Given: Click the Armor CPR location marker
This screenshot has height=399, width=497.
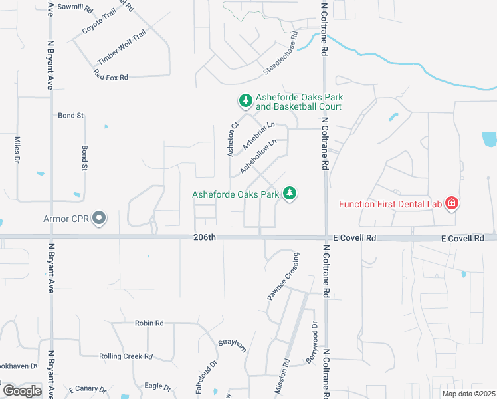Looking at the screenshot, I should pos(100,218).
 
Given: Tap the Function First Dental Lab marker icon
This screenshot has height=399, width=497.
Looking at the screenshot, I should pos(452,203).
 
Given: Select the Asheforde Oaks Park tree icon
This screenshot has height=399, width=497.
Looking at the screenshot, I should pos(289,194).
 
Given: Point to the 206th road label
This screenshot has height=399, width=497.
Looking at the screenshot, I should pos(205,237).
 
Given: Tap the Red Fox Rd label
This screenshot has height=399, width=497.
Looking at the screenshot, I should pos(111,78).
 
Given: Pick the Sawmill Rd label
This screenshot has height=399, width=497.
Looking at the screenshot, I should pos(75,7).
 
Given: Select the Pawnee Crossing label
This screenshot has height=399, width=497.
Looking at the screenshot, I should pos(282,277).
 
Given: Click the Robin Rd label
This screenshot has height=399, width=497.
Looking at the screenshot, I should pos(149,323).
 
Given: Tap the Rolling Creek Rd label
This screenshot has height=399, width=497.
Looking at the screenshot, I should pos(126,356).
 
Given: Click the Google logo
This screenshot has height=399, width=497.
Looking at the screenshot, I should pos(22,391).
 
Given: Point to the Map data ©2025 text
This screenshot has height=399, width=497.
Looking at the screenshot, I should pos(468,394).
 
